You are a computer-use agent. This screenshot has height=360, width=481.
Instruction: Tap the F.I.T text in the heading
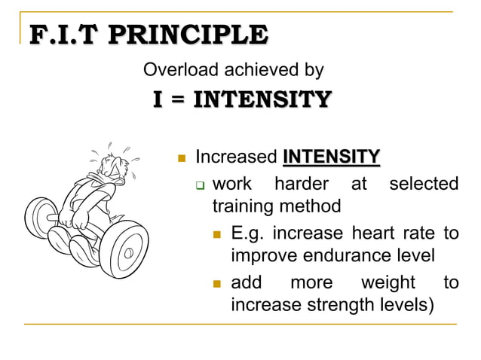tap(64, 35)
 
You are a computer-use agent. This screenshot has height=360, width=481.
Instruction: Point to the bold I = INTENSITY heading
tap(242, 99)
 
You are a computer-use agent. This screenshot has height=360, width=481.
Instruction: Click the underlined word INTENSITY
tap(331, 157)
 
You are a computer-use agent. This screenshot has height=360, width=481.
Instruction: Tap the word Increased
tap(236, 157)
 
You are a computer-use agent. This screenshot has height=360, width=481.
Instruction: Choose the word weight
tap(388, 282)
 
